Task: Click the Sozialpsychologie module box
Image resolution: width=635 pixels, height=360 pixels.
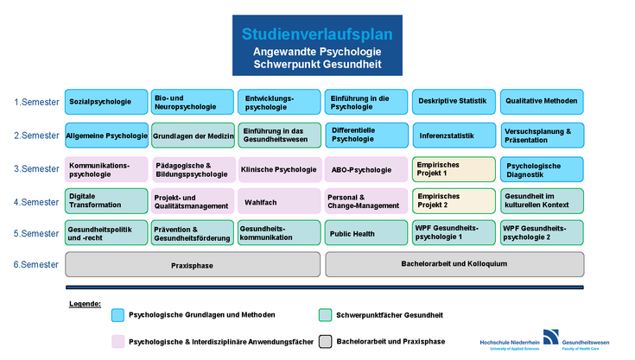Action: coord(106,102)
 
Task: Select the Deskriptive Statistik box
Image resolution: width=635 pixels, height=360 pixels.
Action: coord(454,102)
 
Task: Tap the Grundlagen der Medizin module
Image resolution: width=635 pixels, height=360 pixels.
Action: coord(194,136)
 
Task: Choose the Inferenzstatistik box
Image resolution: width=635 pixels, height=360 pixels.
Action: coord(454,136)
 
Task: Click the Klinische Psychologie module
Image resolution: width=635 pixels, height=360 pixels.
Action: coord(280,169)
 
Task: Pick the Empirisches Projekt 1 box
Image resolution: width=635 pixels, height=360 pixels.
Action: coord(454,169)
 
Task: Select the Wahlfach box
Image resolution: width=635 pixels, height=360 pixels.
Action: coord(279,201)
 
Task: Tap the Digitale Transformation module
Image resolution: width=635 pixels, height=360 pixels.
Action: coord(106,201)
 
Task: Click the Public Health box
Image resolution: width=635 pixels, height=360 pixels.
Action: coord(366,232)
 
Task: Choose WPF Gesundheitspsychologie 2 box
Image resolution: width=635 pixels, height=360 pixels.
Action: coord(542,232)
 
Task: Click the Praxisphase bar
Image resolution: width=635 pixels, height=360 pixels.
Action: coord(193,264)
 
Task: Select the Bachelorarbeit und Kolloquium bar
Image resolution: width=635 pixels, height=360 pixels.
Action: coord(454,264)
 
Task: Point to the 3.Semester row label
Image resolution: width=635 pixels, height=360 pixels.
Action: coord(36,168)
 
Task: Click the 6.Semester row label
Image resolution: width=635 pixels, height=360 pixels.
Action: coord(36,264)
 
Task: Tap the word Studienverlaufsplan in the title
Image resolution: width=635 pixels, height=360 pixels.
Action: coord(317,35)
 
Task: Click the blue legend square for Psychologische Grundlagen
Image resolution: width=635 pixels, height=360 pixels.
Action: coord(117,315)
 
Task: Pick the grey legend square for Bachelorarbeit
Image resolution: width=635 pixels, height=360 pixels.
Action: coord(325,341)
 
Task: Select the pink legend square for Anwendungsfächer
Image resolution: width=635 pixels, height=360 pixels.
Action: coord(117,341)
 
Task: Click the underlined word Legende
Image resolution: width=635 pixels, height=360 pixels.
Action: coord(85,304)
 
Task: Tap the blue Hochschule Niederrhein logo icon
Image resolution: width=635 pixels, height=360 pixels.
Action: coord(551,337)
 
